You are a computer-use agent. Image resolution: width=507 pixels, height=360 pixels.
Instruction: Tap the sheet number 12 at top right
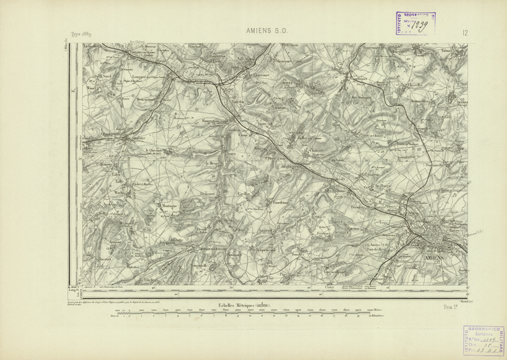(x=464, y=33)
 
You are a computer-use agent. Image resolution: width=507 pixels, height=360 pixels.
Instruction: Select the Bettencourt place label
(x=148, y=99)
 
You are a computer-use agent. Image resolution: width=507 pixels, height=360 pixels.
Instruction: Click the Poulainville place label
(x=433, y=166)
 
